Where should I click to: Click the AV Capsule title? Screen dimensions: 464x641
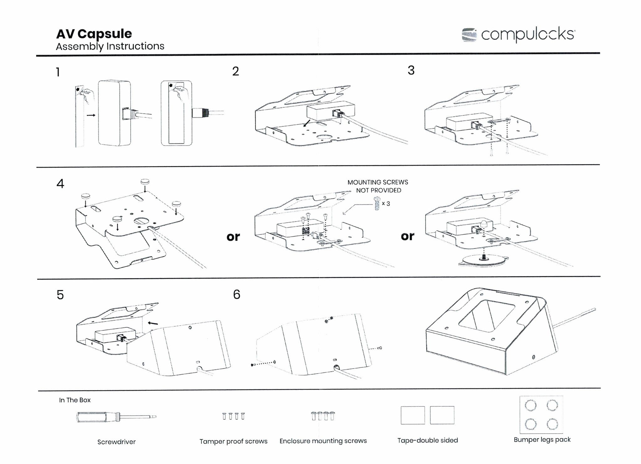tap(94, 34)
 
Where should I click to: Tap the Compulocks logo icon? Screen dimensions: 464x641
tap(469, 35)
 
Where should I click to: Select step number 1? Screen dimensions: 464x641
tap(58, 72)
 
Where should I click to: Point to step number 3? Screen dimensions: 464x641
tap(411, 70)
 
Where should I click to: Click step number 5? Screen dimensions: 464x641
tap(60, 295)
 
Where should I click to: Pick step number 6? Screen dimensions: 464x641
tap(237, 294)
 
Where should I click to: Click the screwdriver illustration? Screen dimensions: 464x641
tap(116, 417)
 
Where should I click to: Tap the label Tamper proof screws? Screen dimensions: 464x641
tap(233, 441)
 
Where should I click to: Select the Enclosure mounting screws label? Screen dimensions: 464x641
tap(323, 441)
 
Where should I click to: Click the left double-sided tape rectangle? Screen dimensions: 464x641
tap(413, 415)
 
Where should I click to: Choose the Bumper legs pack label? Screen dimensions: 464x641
tap(542, 440)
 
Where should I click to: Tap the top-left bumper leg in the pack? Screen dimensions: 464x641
tap(530, 406)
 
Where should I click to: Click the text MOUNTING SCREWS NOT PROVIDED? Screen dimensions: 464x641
tap(378, 186)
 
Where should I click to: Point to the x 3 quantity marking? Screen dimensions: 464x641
tap(386, 204)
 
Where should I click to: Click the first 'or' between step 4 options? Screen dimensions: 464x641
tap(233, 237)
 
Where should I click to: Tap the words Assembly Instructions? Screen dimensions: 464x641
tap(110, 46)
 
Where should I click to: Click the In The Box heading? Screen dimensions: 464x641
tap(75, 400)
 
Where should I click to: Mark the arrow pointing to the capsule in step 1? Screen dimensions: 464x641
tap(91, 115)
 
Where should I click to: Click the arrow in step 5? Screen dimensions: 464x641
tap(153, 323)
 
